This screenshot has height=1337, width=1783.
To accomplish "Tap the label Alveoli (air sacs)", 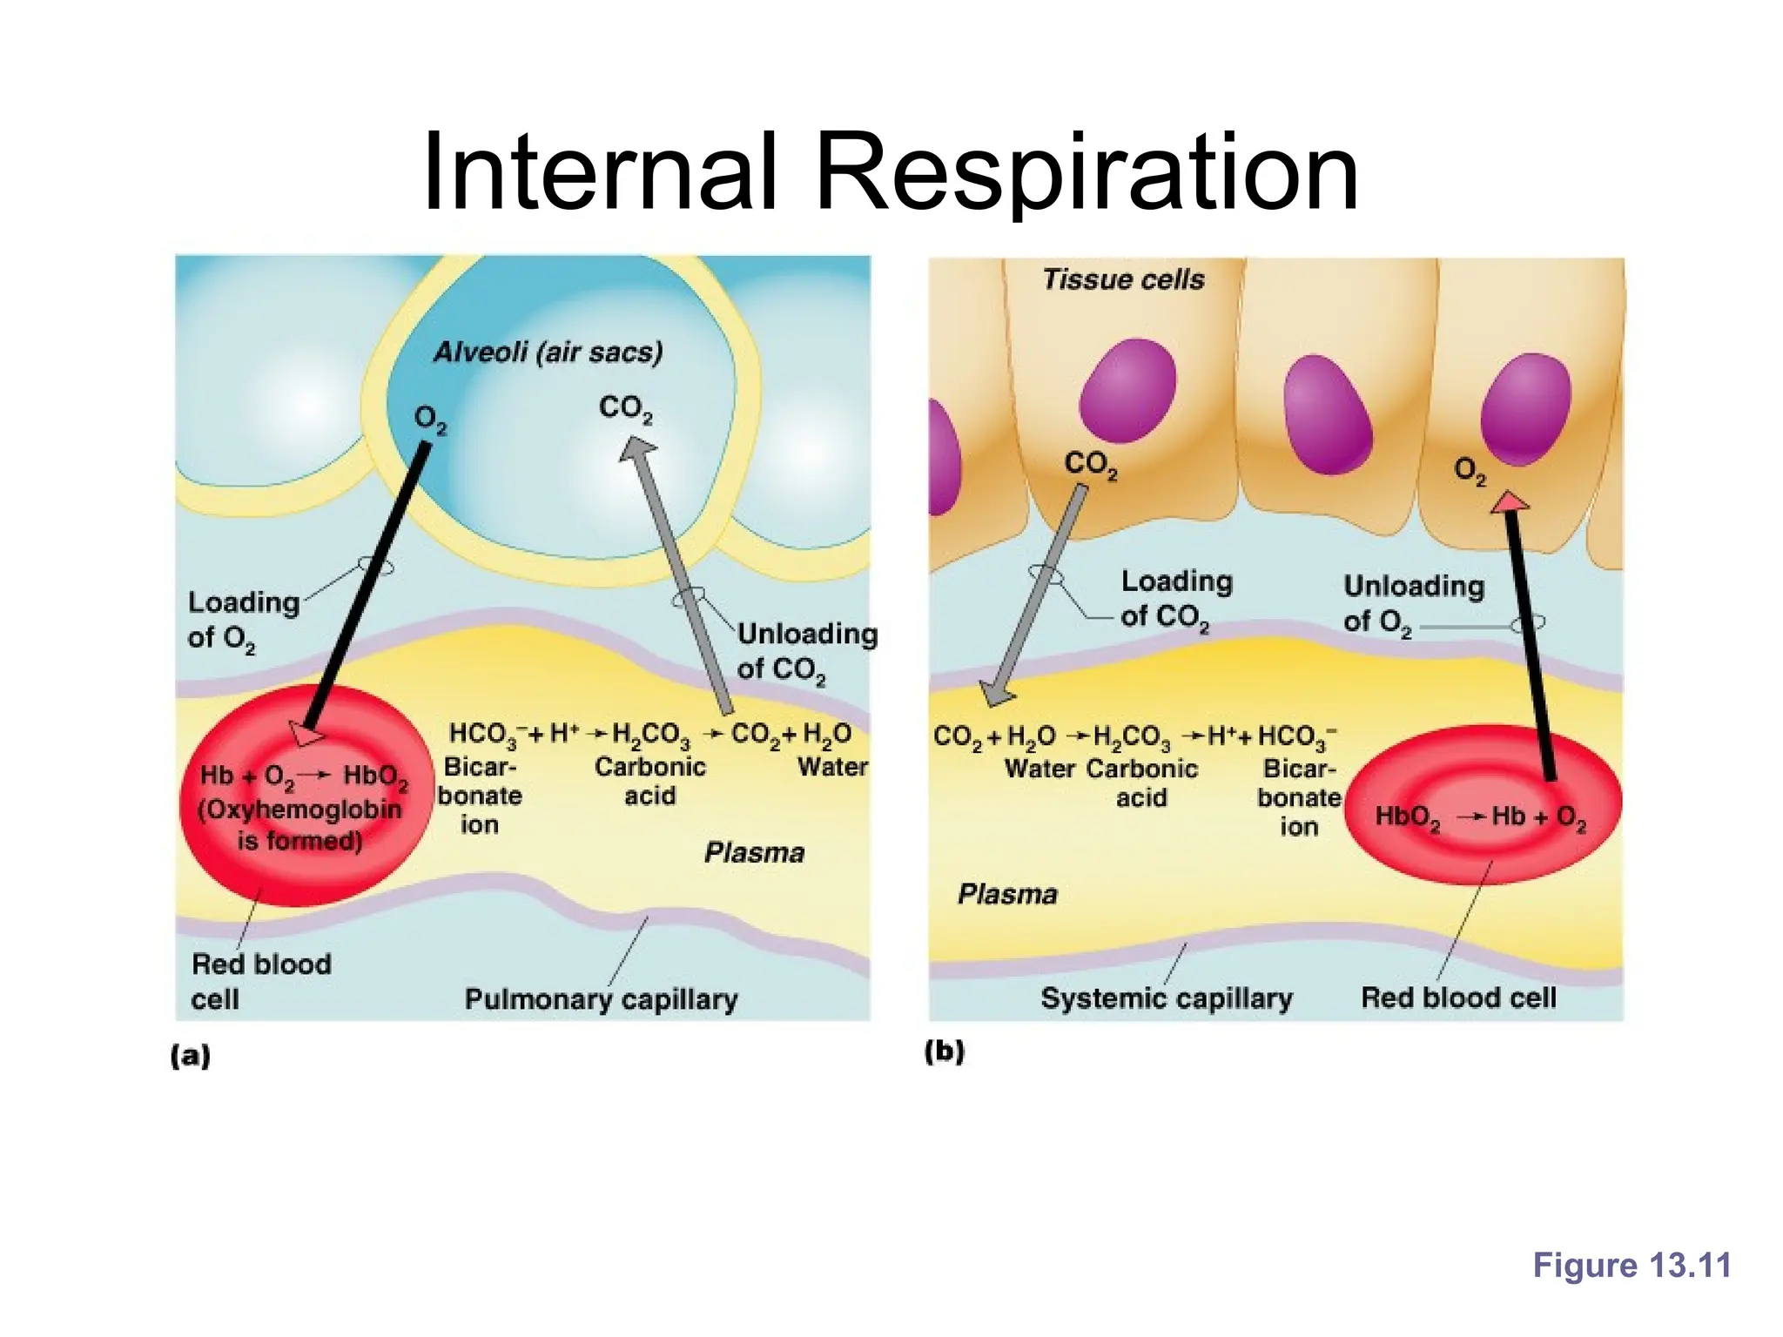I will (x=548, y=352).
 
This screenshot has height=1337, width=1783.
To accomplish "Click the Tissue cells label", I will (x=1123, y=279).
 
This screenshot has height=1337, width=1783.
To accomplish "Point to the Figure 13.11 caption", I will (x=1632, y=1265).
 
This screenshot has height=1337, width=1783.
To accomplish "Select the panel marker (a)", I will (x=191, y=1056).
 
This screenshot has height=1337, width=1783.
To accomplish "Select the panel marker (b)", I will (x=945, y=1051).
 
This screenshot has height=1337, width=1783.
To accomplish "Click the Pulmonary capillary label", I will (x=601, y=998).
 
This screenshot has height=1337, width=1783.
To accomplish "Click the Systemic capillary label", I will (x=1166, y=998).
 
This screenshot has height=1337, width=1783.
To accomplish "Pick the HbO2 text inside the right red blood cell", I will (x=1407, y=816).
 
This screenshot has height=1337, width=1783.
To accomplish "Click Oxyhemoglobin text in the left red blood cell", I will (x=299, y=810).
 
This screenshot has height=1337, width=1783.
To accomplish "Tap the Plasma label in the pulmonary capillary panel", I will (x=754, y=852).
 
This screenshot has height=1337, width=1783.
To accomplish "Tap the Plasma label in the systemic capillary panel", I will (x=1007, y=894).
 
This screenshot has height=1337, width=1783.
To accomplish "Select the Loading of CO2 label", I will (x=1174, y=598).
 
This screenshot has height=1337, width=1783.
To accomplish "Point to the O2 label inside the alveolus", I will (x=430, y=420).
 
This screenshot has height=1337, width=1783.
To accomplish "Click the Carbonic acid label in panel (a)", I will (x=649, y=781).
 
